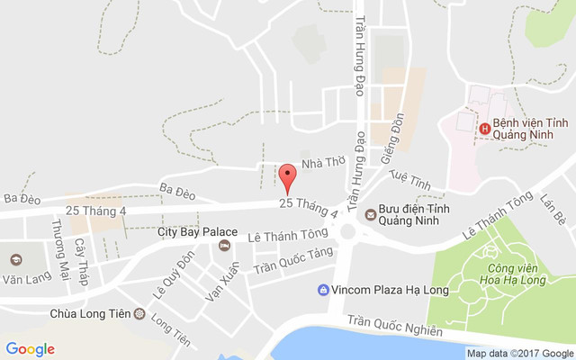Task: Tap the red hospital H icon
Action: click(485, 129)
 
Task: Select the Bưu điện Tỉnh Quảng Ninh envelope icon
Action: click(369, 212)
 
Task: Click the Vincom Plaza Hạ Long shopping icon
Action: click(323, 290)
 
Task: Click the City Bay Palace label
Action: click(197, 232)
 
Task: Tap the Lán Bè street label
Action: click(553, 211)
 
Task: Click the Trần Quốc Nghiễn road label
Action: click(394, 326)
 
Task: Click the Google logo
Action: click(30, 349)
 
